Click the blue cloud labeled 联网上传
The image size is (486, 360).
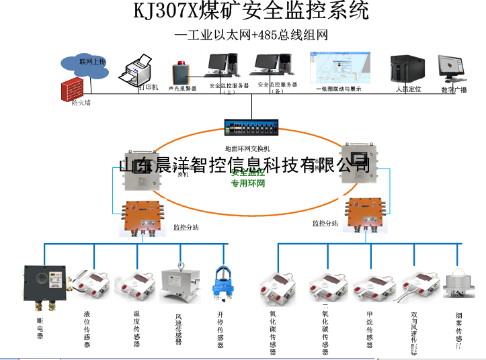88,62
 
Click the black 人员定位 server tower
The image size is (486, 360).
405,70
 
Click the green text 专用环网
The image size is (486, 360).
248,183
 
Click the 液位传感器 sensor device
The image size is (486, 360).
91,283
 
